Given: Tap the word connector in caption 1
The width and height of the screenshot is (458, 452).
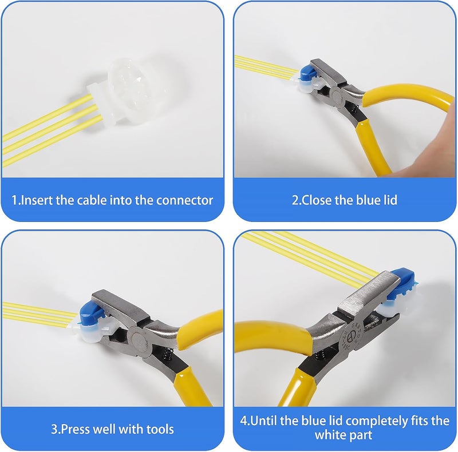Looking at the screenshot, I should click(186, 200).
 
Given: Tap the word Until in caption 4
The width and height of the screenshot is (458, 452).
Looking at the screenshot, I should click(262, 421).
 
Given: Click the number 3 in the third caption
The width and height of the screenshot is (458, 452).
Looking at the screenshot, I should click(51, 429).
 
